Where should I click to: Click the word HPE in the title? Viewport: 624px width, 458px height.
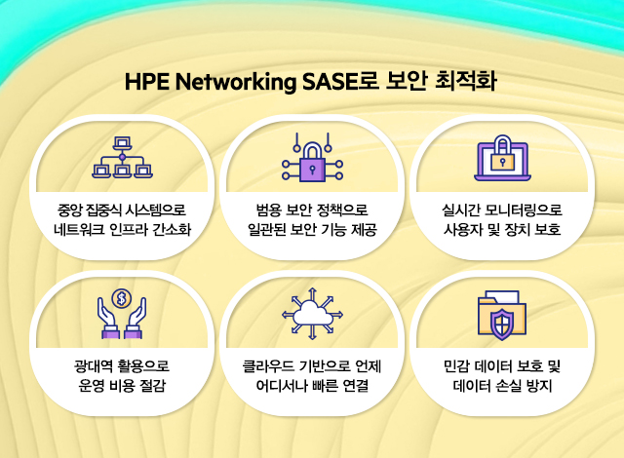tap(147, 82)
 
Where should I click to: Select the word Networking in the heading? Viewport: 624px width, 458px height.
tap(236, 82)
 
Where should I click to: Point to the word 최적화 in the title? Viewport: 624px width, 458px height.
tap(466, 81)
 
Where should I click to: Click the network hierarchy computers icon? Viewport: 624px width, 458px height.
tap(122, 158)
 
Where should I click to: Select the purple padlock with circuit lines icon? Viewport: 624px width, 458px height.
tap(312, 158)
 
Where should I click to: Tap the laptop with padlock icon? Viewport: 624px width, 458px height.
tap(503, 158)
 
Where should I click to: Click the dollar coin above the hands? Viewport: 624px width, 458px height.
tap(121, 298)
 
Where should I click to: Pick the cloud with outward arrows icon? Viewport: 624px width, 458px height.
tap(312, 314)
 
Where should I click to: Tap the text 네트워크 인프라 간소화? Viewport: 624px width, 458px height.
tap(122, 229)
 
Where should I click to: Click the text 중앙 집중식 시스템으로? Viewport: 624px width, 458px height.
tap(122, 210)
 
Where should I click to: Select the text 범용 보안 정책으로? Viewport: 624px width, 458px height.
tap(312, 210)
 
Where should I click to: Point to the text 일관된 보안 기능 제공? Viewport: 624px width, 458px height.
tap(312, 229)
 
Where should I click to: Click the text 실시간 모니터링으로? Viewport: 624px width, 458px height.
tap(502, 210)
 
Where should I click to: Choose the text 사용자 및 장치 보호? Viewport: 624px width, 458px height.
tap(502, 229)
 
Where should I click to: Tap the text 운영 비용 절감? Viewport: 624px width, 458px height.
tap(122, 385)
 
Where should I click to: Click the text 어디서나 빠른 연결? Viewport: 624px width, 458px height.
tap(312, 385)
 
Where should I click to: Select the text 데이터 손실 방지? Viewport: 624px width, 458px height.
tap(502, 385)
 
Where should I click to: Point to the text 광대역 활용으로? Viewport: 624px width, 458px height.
tap(122, 365)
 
